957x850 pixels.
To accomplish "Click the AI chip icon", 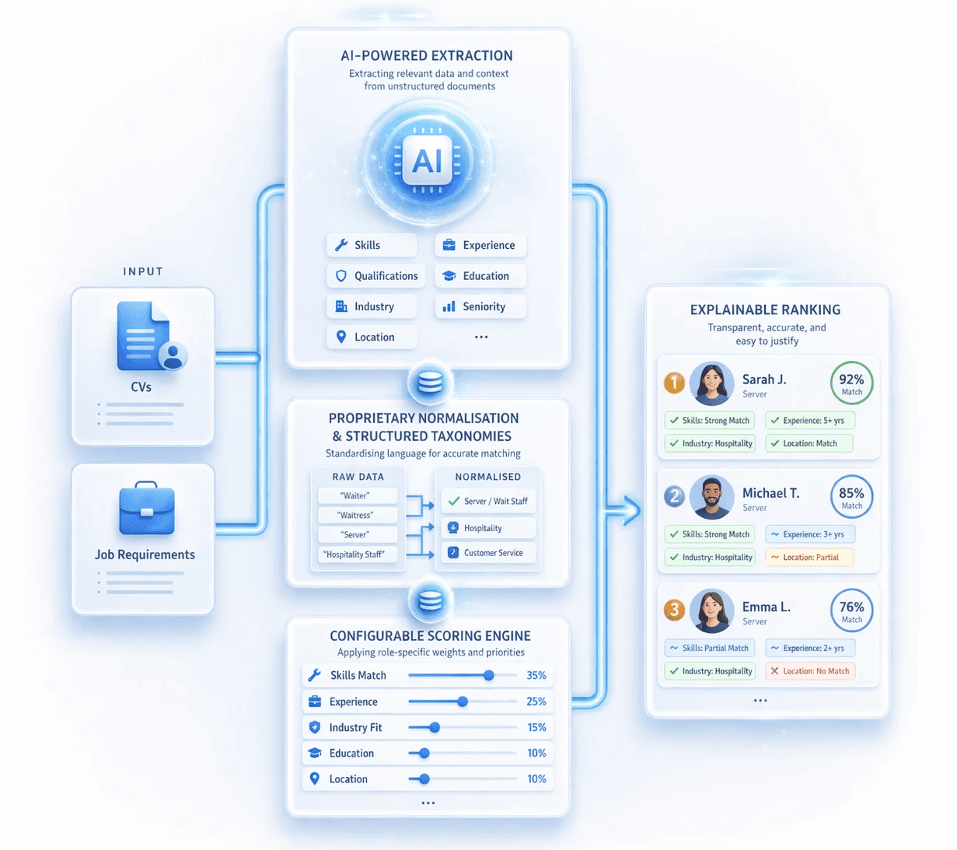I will [x=427, y=160].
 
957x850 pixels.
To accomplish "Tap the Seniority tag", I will [x=480, y=306].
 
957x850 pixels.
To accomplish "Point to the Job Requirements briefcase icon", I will [x=146, y=509].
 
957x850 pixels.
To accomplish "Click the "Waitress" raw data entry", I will [x=356, y=515].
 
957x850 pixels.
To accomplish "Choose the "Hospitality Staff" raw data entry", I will [x=355, y=554].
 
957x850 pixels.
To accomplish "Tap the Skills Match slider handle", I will [x=488, y=675].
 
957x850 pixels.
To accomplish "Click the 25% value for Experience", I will [x=536, y=701].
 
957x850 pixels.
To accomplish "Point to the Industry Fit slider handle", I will [x=435, y=727].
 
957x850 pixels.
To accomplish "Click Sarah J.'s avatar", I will [x=711, y=383].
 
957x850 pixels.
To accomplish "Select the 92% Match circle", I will [x=851, y=383].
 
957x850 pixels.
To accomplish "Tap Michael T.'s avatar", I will [x=711, y=497].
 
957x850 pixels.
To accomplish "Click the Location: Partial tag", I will [x=809, y=558].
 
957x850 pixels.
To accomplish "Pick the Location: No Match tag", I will [x=809, y=671].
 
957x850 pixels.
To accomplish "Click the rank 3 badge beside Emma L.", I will [x=674, y=610].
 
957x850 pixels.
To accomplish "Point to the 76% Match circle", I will [x=851, y=610].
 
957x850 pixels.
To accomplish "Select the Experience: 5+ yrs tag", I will [x=809, y=421].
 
